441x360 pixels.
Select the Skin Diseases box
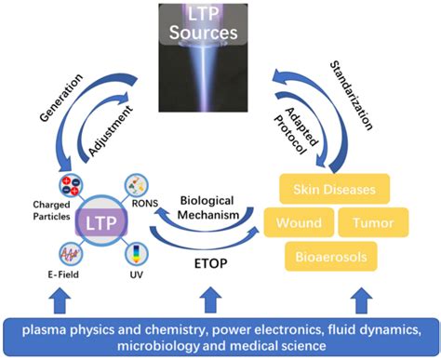[x=336, y=190]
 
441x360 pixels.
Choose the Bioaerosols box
[x=333, y=253]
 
